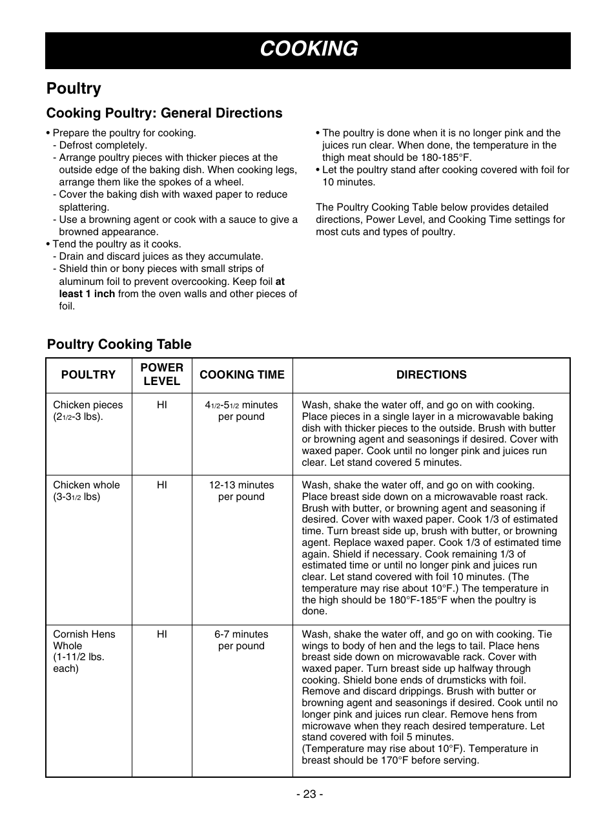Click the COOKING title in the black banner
pos(309,49)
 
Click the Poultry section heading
pos(74,89)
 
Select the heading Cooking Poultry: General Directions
pos(164,113)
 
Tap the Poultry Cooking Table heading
pos(119,344)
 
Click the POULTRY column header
pos(88,375)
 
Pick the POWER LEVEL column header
pos(161,375)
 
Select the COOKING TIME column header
pos(241,375)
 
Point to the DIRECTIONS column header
pos(431,375)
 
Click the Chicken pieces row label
pos(87,411)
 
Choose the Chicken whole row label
pos(86,491)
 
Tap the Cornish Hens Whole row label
pos(84,651)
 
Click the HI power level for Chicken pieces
pos(161,405)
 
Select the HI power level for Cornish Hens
pos(161,634)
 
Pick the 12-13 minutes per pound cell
pos(241,491)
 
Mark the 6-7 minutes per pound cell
pos(241,640)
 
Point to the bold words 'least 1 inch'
pos(87,294)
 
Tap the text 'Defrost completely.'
pos(103,145)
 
